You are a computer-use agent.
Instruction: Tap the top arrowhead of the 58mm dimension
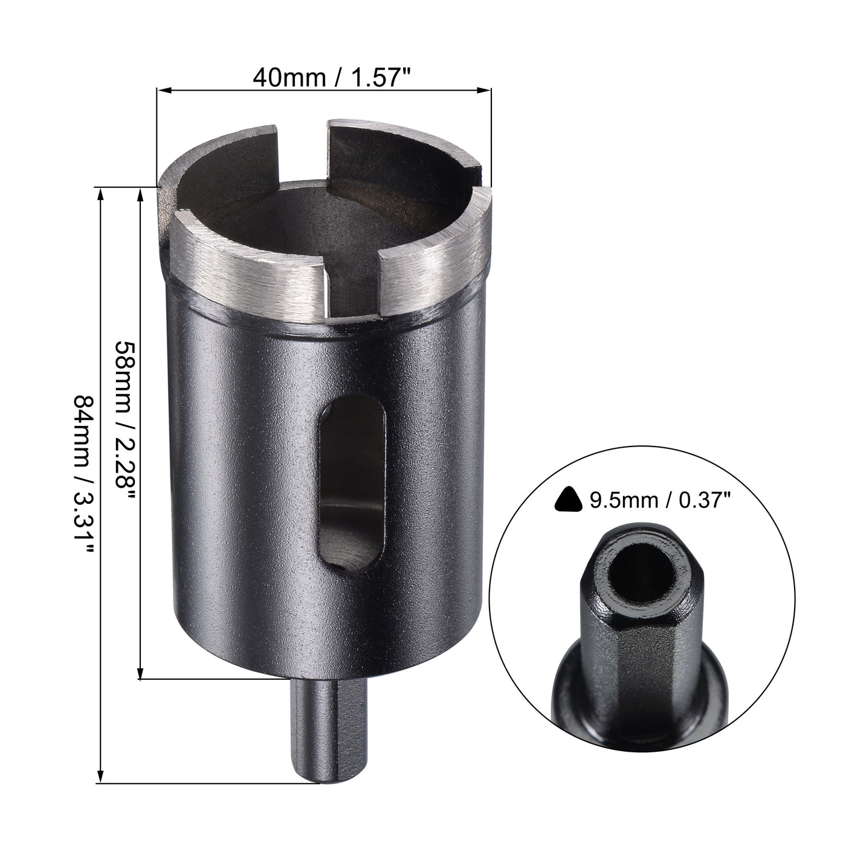(141, 193)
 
